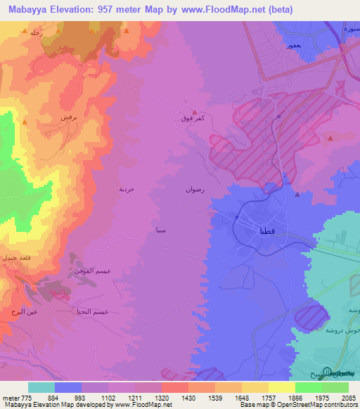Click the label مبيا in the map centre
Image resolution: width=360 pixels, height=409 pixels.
click(160, 229)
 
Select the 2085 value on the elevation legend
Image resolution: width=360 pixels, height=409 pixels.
click(347, 398)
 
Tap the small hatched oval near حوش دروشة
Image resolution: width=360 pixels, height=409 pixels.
click(311, 316)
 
